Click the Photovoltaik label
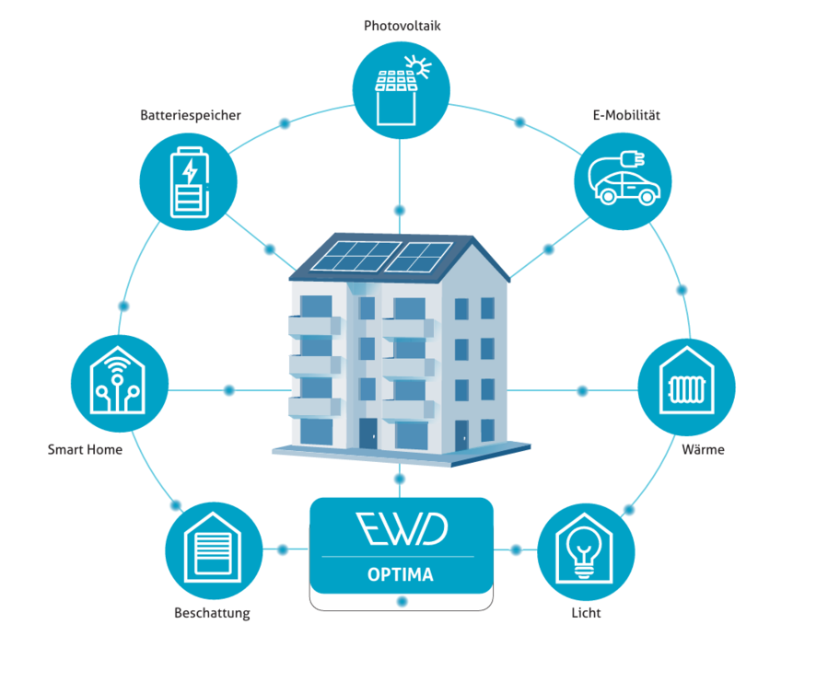tap(402, 26)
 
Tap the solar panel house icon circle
tap(401, 90)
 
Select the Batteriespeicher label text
tap(190, 115)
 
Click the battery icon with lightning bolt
tap(189, 182)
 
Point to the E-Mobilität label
tap(626, 115)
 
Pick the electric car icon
tap(624, 179)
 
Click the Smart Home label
tap(85, 450)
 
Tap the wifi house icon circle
tap(120, 383)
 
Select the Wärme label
tap(703, 450)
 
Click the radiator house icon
tap(686, 380)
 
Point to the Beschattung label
tap(212, 613)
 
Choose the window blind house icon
tap(214, 548)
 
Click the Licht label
tap(586, 613)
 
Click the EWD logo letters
tap(402, 529)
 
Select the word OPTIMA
tap(401, 574)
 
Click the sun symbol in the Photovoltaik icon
tap(419, 67)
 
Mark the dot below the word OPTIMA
tap(402, 601)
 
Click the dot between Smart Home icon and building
tap(228, 390)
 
